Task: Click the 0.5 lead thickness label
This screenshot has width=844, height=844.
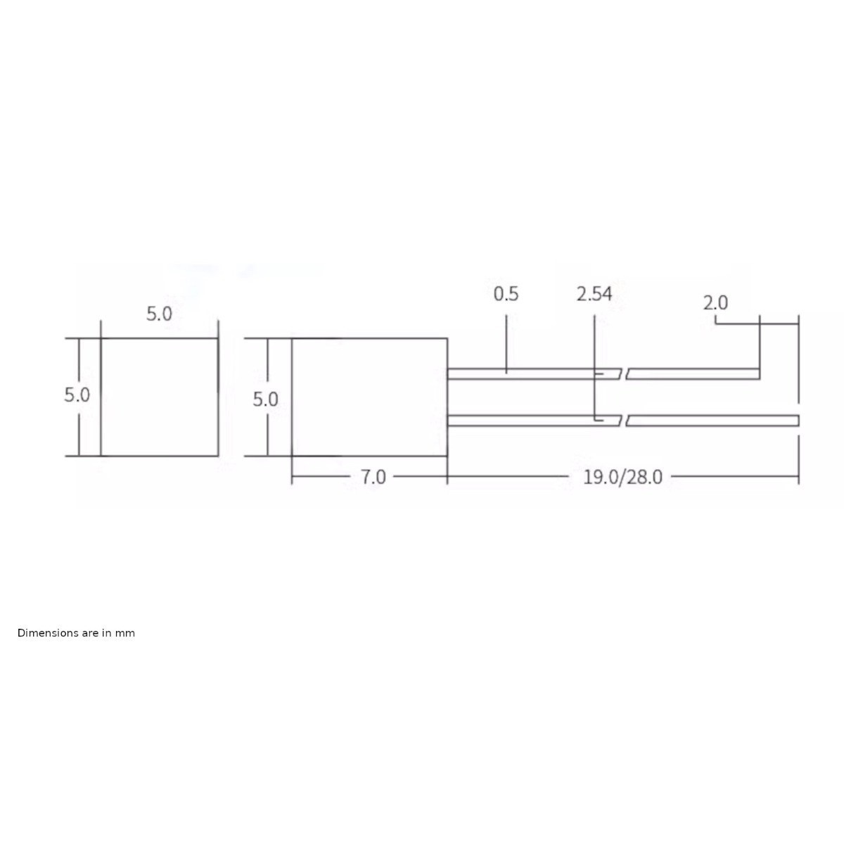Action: (506, 293)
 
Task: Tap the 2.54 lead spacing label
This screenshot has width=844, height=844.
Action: (594, 293)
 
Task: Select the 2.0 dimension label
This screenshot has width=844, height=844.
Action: (715, 303)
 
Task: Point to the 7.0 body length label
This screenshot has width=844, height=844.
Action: (373, 477)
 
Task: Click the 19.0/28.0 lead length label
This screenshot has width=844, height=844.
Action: (622, 477)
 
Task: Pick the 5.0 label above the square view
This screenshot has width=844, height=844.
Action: (159, 314)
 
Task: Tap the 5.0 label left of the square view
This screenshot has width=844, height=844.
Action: (77, 395)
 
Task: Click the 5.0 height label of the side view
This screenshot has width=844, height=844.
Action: (265, 399)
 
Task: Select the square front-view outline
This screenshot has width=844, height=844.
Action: (159, 397)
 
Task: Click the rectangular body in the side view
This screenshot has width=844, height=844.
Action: (369, 397)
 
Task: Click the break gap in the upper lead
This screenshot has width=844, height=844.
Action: (623, 373)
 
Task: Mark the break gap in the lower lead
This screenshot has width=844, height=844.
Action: (623, 421)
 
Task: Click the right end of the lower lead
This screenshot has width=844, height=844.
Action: (797, 421)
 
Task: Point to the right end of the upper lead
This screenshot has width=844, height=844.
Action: (757, 373)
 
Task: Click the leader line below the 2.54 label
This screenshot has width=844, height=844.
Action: (594, 352)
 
